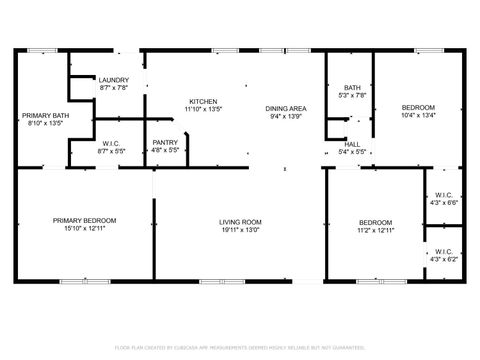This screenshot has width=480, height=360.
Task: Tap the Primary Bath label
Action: pyautogui.click(x=42, y=116)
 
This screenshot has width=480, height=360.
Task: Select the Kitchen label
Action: pyautogui.click(x=205, y=101)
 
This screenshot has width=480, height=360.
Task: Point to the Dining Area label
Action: pyautogui.click(x=285, y=108)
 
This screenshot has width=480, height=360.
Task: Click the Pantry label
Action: pyautogui.click(x=165, y=143)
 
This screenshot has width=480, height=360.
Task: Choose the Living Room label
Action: pyautogui.click(x=240, y=221)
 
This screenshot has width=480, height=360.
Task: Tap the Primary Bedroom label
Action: pyautogui.click(x=85, y=220)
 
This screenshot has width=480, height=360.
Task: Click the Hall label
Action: pyautogui.click(x=353, y=145)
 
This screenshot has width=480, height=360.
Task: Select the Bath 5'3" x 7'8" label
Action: pyautogui.click(x=353, y=88)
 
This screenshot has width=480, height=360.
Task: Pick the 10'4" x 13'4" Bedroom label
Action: pyautogui.click(x=418, y=107)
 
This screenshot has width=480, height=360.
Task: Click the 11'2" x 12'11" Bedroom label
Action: pyautogui.click(x=375, y=222)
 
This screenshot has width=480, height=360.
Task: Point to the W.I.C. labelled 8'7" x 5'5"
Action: pyautogui.click(x=111, y=143)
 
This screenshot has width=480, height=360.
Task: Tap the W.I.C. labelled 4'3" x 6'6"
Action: pyautogui.click(x=444, y=195)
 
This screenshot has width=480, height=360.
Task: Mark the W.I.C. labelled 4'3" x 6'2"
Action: pyautogui.click(x=444, y=252)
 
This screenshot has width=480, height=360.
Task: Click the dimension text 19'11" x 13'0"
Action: pyautogui.click(x=240, y=230)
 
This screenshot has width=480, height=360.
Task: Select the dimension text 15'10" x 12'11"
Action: pyautogui.click(x=85, y=229)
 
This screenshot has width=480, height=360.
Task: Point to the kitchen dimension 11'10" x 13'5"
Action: pyautogui.click(x=205, y=110)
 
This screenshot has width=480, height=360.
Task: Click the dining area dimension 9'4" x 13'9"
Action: pyautogui.click(x=285, y=117)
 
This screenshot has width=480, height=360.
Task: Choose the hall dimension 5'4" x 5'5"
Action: pyautogui.click(x=353, y=153)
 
